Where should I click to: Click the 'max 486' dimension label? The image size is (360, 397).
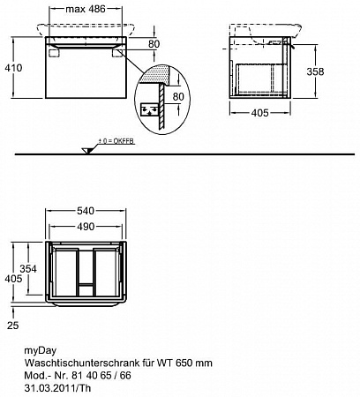[x=86, y=9]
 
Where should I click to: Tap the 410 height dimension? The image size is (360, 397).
[x=13, y=68]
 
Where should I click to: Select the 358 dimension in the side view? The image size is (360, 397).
[x=315, y=71]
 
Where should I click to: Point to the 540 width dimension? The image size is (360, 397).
[x=86, y=211]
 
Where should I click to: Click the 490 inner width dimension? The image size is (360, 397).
[x=86, y=227]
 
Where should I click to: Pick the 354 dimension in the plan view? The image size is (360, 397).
[x=28, y=268]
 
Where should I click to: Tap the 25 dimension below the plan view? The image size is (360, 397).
[x=12, y=326]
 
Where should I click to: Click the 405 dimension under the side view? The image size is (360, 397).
[x=260, y=113]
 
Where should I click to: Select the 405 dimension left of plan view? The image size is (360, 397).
[x=13, y=279]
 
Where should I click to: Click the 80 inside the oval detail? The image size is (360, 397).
[x=178, y=96]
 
